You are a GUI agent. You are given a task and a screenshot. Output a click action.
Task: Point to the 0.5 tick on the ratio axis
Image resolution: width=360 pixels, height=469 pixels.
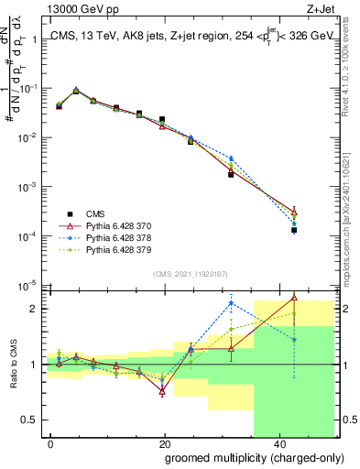point(28,420)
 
